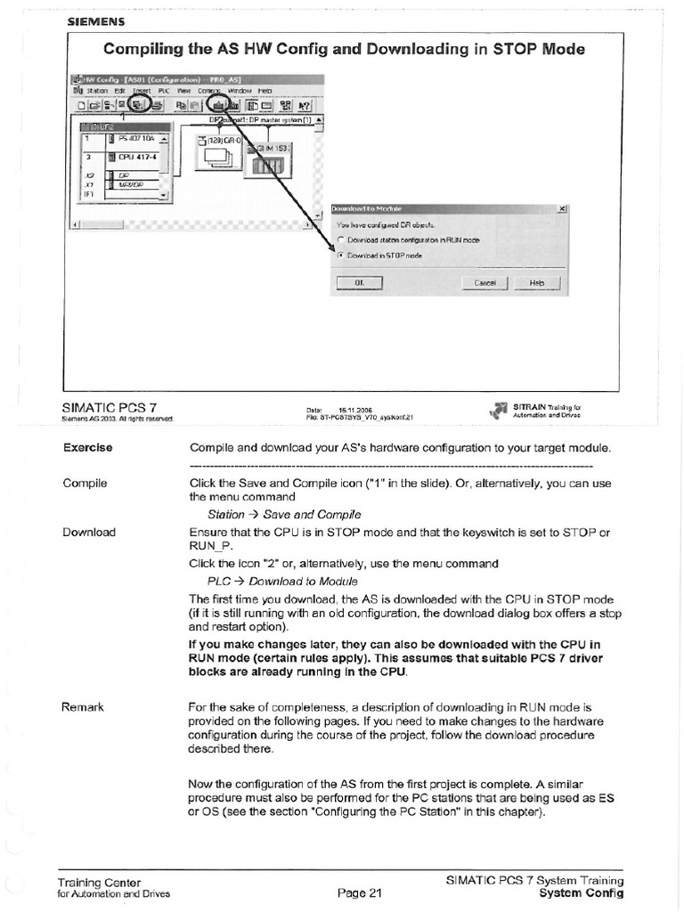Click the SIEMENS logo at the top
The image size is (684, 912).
tap(94, 20)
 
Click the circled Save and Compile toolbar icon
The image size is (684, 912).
tap(140, 105)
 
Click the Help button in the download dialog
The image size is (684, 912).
tap(536, 283)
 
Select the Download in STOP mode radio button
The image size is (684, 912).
tap(340, 255)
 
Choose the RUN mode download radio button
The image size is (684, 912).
tap(340, 240)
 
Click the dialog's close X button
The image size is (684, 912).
tap(562, 208)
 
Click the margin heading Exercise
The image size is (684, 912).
tap(87, 447)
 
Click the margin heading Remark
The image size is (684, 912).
tap(84, 707)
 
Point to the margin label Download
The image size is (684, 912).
tap(89, 532)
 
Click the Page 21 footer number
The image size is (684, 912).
tap(359, 893)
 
